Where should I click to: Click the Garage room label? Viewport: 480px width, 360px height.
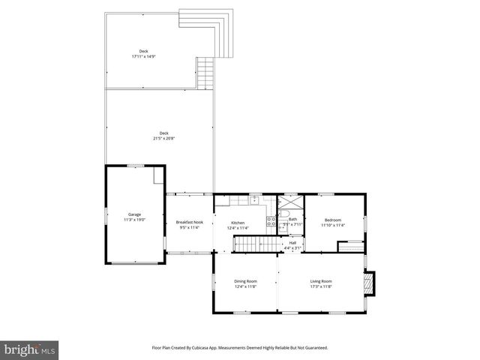[x=135, y=214]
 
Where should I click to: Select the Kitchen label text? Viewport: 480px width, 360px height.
[x=238, y=222]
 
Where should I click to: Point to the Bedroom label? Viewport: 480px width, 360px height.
[x=332, y=220]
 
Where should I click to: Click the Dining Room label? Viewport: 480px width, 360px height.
[x=245, y=281]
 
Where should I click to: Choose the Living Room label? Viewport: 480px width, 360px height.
[x=321, y=281]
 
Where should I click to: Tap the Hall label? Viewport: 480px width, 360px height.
[x=292, y=242]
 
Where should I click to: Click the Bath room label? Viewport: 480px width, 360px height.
[x=292, y=219]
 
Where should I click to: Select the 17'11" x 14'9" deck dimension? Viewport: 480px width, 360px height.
[x=143, y=56]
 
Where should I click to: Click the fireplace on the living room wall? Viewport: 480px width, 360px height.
[x=367, y=283]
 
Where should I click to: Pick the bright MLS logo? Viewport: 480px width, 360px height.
[x=30, y=349]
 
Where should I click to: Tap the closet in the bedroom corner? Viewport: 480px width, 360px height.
[x=349, y=246]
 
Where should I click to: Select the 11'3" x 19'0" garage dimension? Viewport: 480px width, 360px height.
[x=135, y=219]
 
